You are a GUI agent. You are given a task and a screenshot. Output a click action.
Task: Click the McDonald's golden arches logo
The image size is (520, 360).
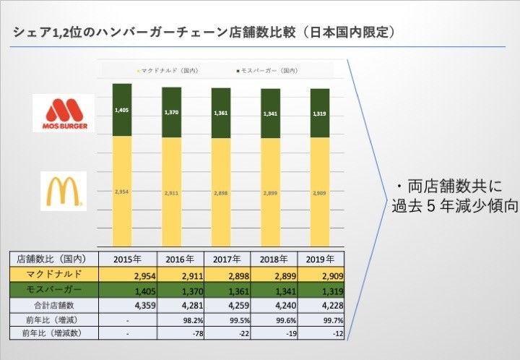(63, 192)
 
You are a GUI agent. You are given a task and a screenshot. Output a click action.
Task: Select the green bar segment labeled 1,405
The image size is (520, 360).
(122, 110)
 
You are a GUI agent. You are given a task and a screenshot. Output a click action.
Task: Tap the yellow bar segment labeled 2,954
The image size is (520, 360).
(122, 192)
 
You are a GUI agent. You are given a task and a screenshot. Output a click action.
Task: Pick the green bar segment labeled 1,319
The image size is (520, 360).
(319, 113)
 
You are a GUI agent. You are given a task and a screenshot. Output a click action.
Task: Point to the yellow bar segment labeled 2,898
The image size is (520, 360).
(221, 193)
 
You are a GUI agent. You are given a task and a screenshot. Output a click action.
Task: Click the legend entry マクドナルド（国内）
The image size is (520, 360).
(167, 71)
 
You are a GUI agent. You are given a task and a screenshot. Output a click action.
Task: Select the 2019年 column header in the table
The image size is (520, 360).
(318, 259)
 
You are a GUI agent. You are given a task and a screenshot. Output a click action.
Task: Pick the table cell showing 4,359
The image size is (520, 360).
(133, 305)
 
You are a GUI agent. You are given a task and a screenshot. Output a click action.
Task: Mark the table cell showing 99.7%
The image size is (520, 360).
(329, 320)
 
